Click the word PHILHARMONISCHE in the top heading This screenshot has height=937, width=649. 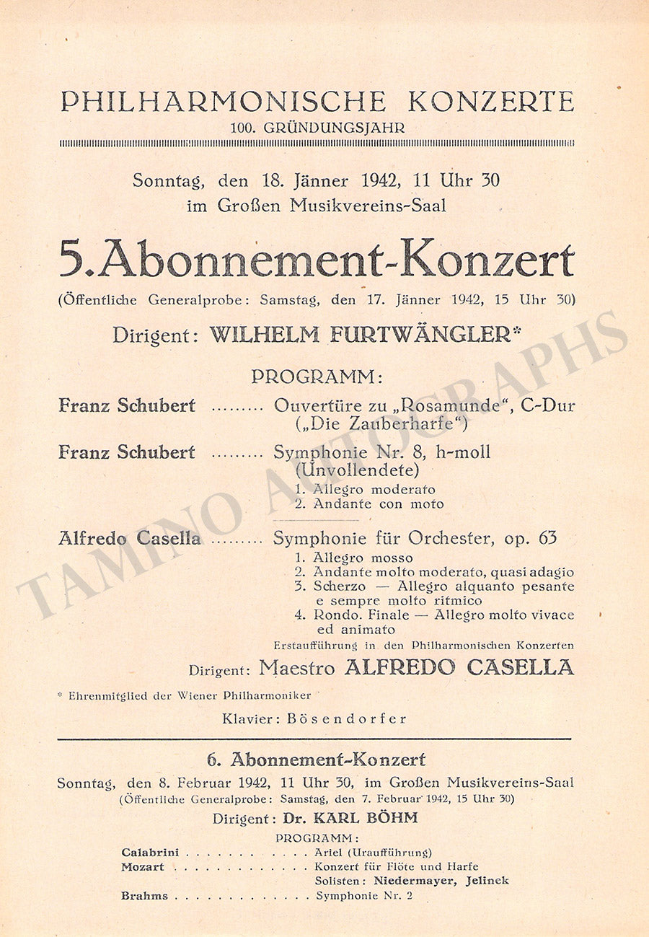click(x=224, y=102)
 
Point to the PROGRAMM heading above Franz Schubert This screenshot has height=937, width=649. click(x=317, y=377)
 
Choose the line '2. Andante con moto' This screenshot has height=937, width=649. click(x=369, y=503)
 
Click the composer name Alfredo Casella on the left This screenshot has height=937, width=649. click(x=130, y=538)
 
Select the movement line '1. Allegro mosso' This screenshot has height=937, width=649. click(x=354, y=558)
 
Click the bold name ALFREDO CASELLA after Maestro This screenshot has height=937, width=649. click(x=459, y=668)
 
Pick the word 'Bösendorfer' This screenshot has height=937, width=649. click(x=347, y=718)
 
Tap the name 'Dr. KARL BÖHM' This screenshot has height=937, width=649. click(x=350, y=818)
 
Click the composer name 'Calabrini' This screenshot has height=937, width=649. click(x=151, y=853)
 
